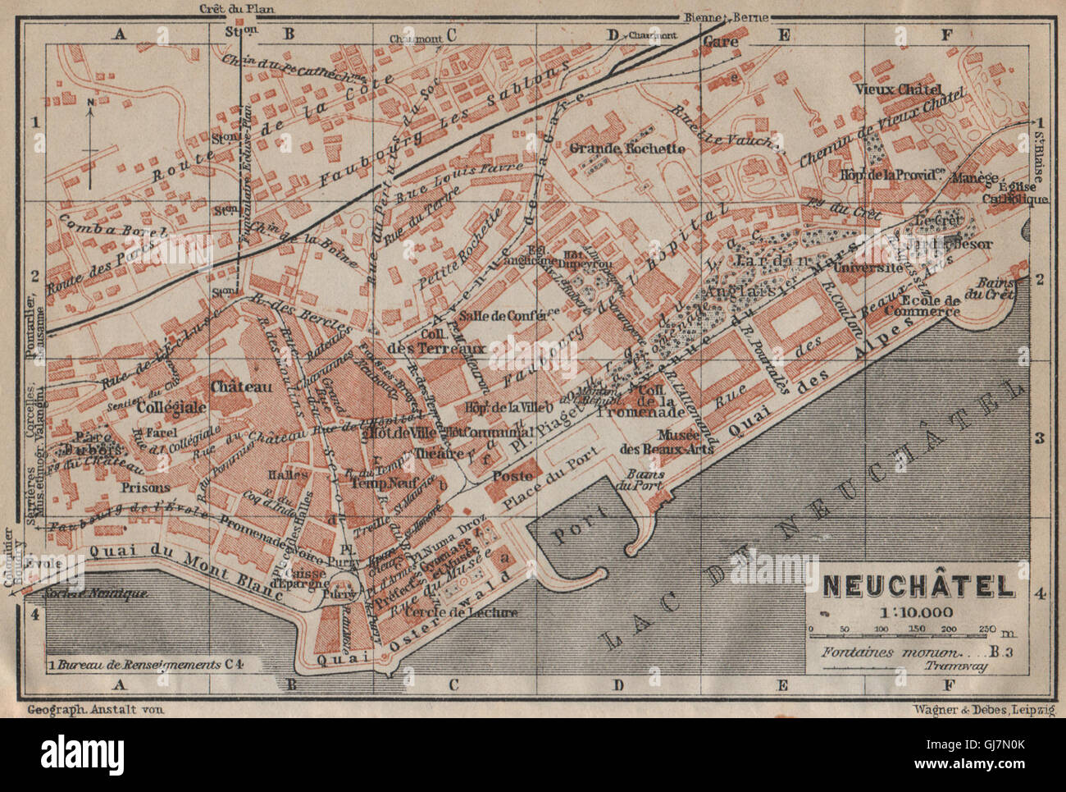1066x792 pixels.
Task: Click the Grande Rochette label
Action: (637, 149)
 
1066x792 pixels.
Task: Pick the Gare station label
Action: (722, 41)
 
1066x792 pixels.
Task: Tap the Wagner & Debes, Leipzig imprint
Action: (982, 707)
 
